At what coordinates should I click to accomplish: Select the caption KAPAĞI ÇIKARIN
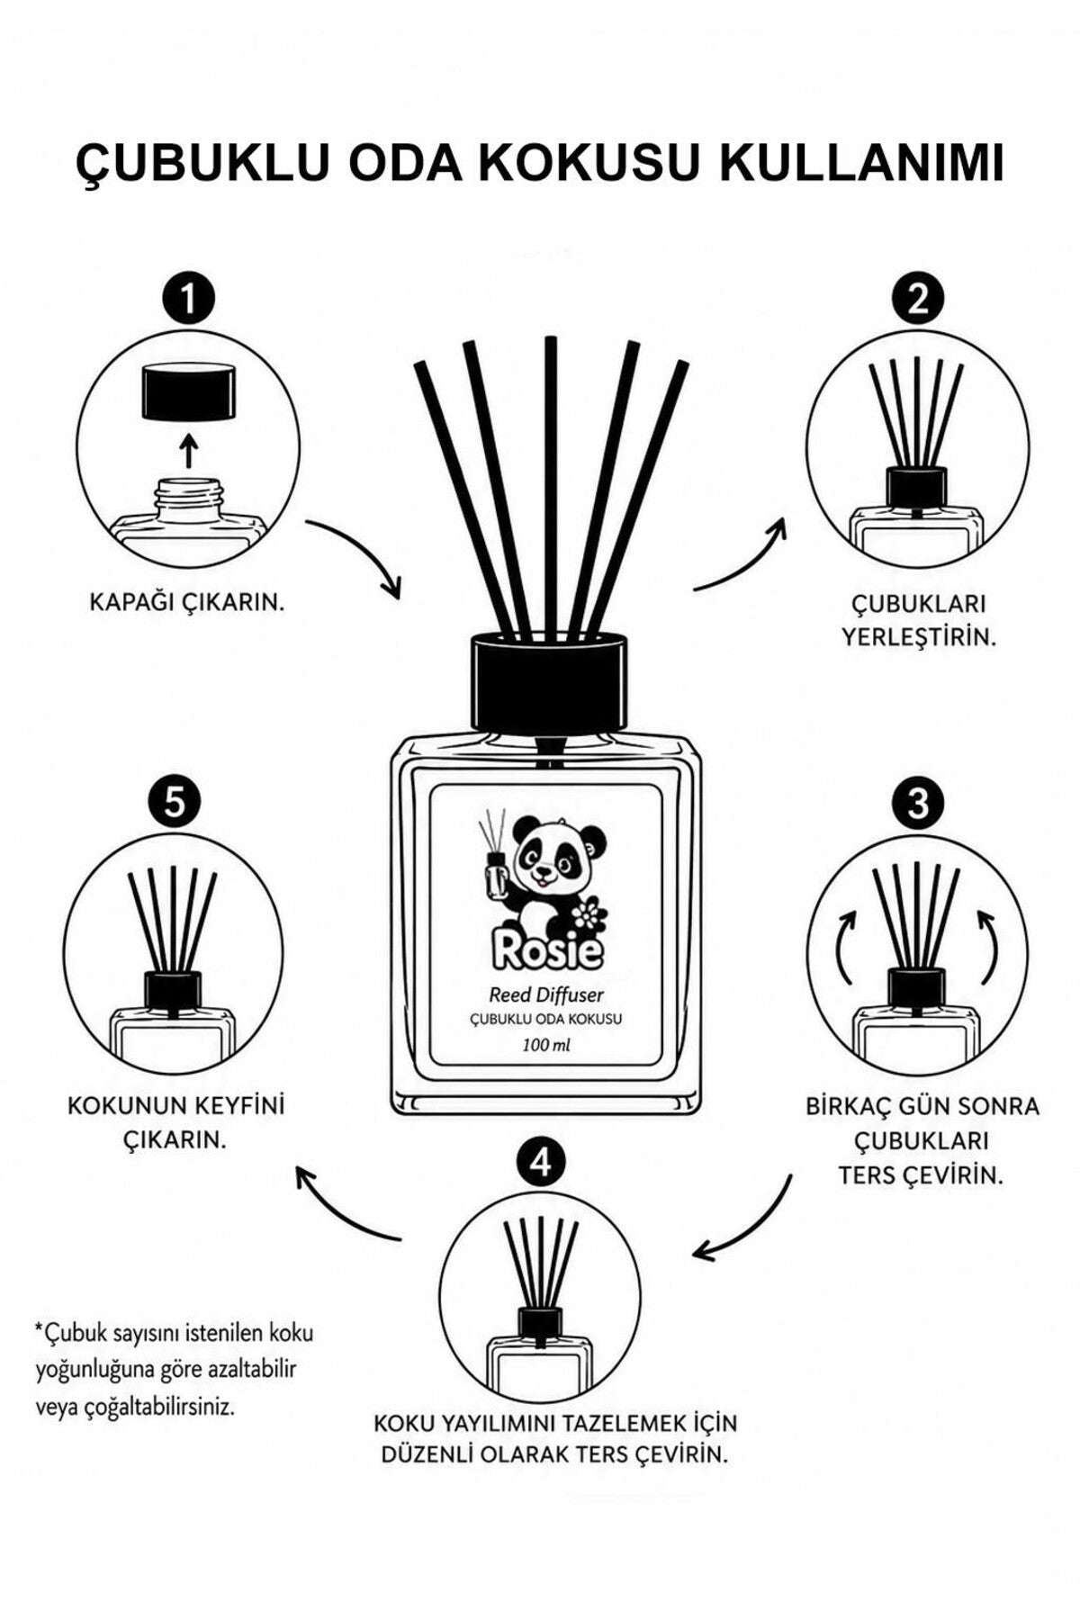tap(187, 601)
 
